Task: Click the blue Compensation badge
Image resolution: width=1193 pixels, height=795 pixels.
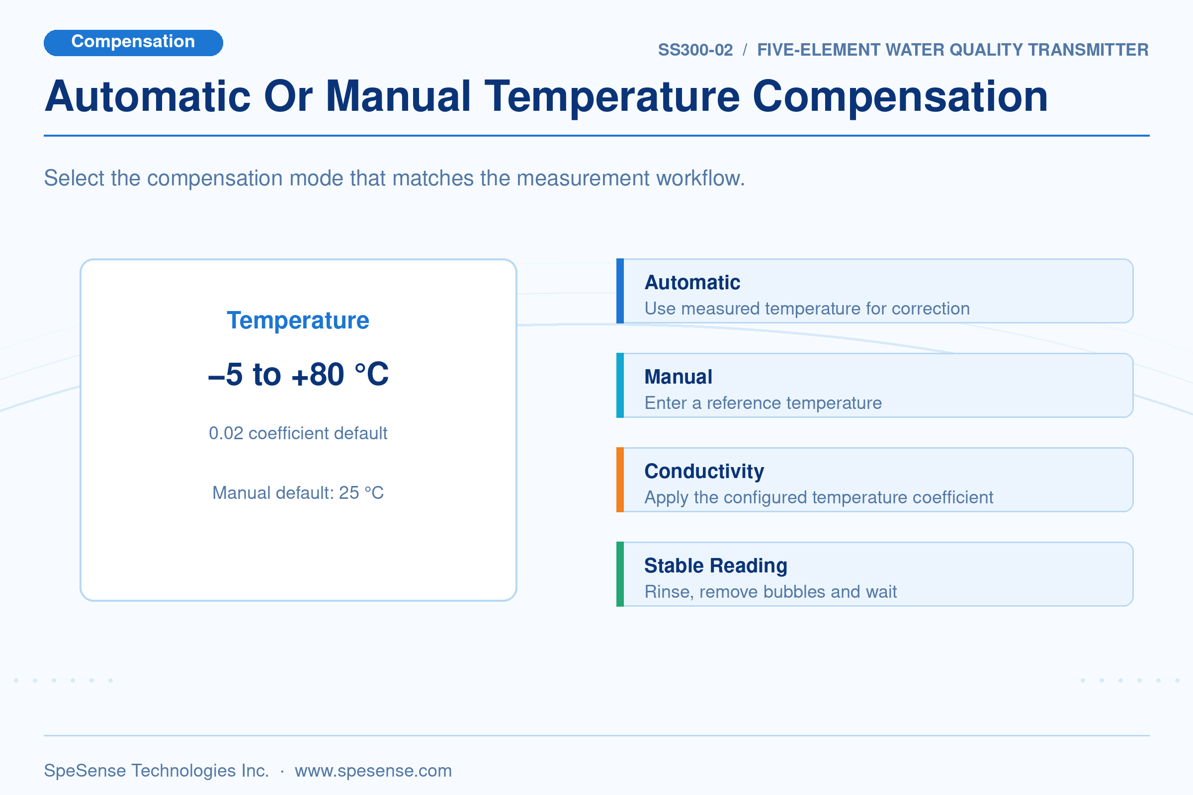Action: (133, 43)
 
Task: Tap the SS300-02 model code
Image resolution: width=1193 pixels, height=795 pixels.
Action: (695, 50)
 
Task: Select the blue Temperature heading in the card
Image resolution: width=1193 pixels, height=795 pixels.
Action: (298, 320)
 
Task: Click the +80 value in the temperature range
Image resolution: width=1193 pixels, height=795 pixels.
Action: (318, 374)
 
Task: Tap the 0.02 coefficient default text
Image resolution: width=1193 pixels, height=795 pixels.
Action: (298, 433)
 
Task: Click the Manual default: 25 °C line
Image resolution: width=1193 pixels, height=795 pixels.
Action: (298, 492)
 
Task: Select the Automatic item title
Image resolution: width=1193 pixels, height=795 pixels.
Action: (692, 282)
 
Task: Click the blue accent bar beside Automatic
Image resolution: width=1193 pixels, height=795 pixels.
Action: (620, 291)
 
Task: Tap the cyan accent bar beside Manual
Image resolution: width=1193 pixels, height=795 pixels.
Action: (620, 386)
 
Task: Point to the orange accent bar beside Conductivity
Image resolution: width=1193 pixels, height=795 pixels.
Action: (620, 479)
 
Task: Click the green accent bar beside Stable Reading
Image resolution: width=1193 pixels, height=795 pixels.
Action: (620, 574)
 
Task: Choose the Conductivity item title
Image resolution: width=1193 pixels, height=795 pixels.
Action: (704, 472)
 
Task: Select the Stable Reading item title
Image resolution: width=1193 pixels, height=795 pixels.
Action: (716, 566)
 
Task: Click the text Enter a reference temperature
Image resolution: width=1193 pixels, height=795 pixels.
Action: (763, 403)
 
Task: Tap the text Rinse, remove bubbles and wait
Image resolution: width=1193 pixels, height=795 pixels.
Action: (770, 592)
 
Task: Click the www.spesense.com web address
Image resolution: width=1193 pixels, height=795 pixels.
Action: (373, 771)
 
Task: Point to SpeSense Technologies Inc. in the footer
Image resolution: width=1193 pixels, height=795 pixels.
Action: (156, 771)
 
